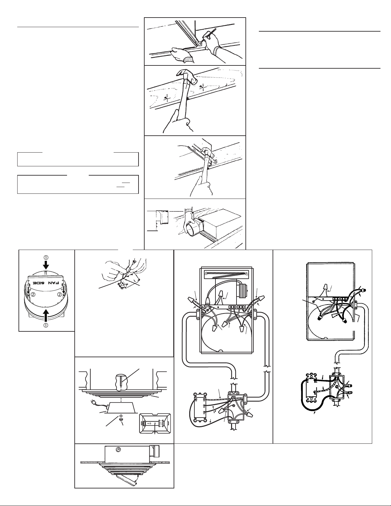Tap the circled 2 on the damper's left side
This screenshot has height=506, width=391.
34,294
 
